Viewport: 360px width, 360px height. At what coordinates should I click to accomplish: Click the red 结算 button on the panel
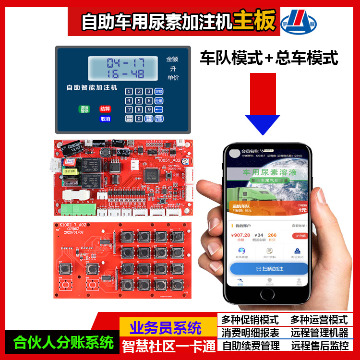(x=105, y=109)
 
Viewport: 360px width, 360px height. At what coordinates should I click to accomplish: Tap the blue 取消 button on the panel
(x=105, y=119)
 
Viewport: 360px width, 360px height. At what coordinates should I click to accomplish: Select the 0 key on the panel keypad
(x=139, y=119)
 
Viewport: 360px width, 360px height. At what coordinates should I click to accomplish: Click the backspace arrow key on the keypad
(x=159, y=109)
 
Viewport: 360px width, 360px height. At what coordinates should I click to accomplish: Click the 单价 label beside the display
(x=172, y=78)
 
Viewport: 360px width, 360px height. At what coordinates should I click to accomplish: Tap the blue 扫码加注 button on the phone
(x=269, y=268)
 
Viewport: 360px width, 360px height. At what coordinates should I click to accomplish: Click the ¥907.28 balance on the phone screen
(x=240, y=235)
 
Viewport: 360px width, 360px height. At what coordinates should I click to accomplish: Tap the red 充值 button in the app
(x=300, y=236)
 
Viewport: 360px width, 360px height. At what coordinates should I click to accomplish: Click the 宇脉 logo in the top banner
(x=298, y=21)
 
